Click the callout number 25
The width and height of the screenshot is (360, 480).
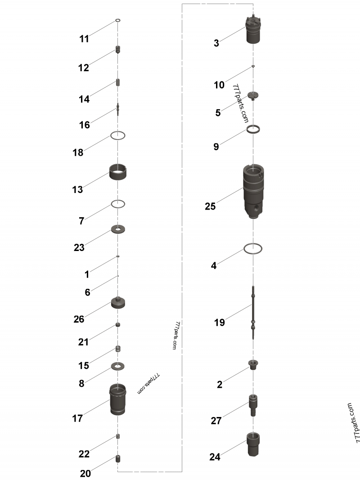tap(210, 206)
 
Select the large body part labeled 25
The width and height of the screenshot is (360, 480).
tap(255, 191)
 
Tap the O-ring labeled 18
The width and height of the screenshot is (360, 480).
tap(118, 135)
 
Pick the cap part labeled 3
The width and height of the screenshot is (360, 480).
tap(254, 31)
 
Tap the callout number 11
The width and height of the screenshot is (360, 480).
tap(84, 39)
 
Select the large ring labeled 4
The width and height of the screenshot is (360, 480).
tap(253, 248)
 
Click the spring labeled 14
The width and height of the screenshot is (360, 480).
tap(118, 84)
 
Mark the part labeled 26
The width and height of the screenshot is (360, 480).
tap(118, 303)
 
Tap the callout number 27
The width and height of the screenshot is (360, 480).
tap(216, 421)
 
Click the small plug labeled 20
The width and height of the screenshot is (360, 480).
tap(118, 459)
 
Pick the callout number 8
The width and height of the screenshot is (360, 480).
tap(81, 384)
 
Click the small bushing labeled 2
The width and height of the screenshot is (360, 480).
tap(253, 364)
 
